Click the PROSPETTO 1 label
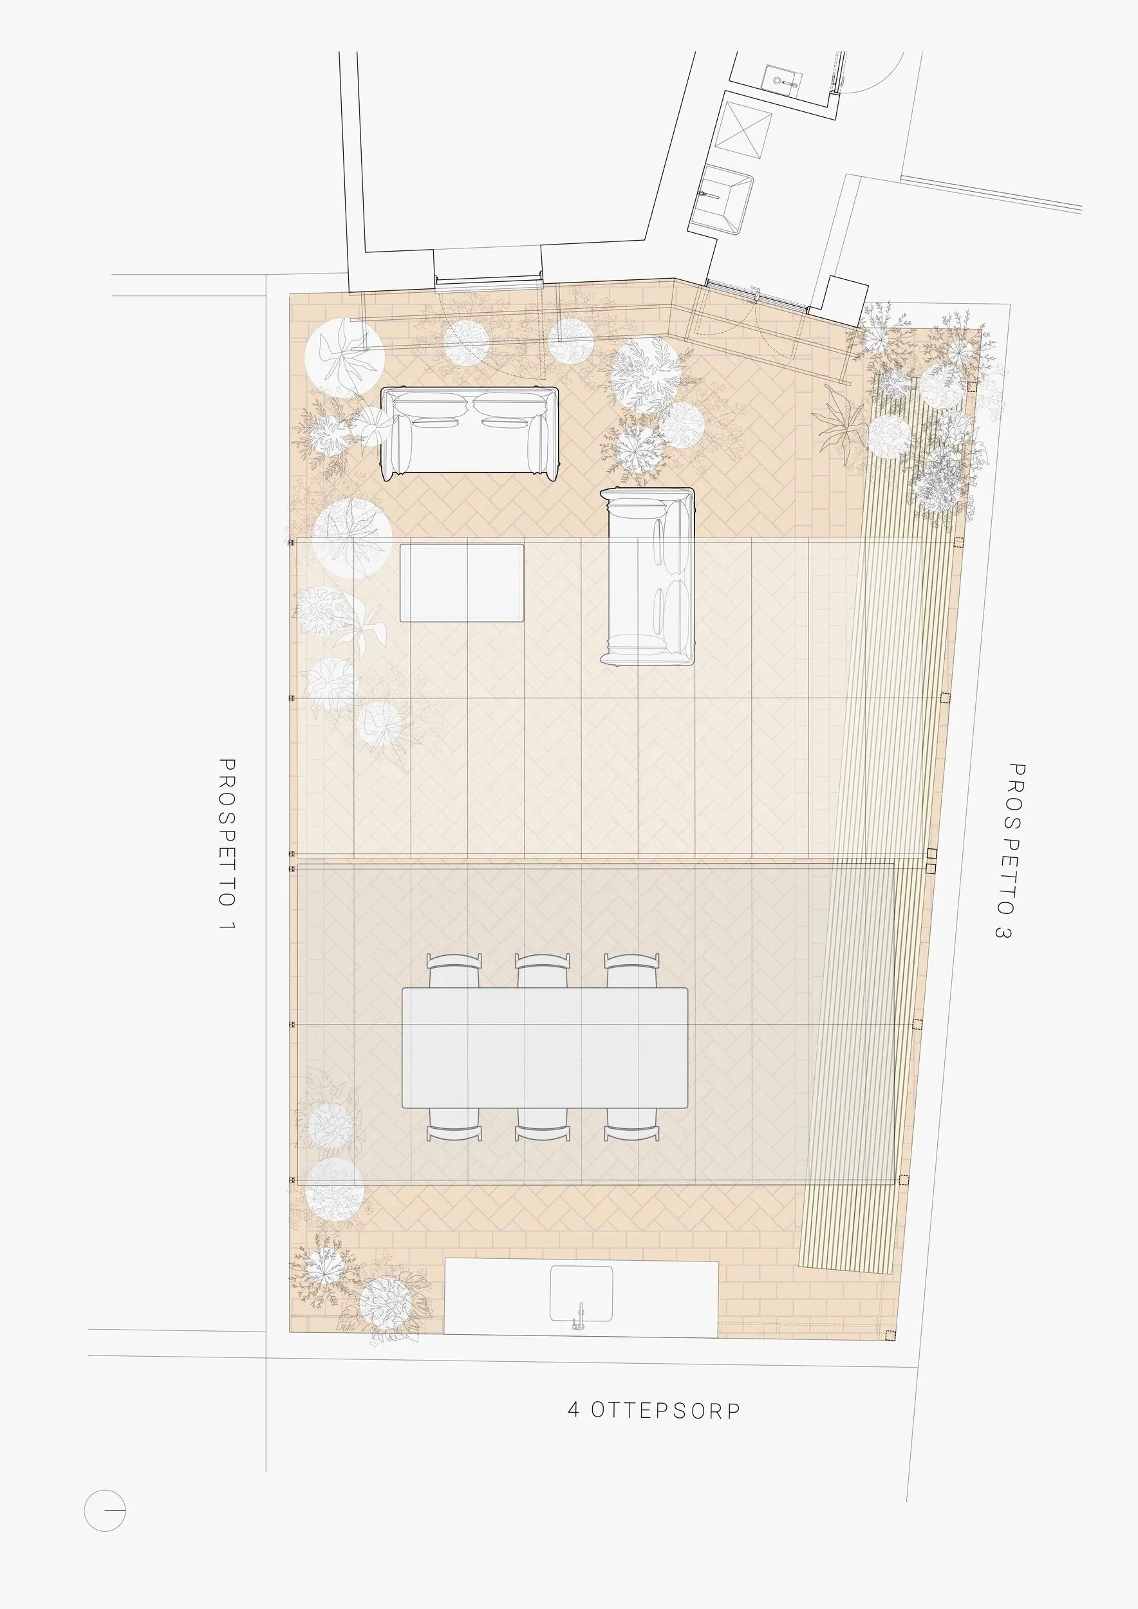tap(227, 845)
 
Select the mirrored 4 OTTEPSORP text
tap(654, 1409)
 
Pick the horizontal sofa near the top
tap(469, 433)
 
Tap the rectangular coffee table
tap(462, 582)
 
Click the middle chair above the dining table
tap(543, 971)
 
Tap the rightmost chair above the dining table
tap(632, 971)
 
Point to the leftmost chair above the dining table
tap(454, 971)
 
